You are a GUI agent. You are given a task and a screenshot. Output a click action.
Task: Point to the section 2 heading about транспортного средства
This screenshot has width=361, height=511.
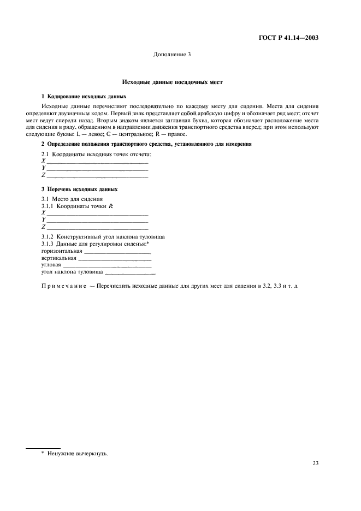pyautogui.click(x=146, y=144)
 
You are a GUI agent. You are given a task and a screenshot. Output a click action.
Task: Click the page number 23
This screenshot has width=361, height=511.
pyautogui.click(x=315, y=464)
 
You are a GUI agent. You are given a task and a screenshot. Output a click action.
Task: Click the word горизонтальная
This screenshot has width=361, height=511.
pyautogui.click(x=61, y=252)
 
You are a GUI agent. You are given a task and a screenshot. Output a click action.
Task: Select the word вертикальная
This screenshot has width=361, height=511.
pyautogui.click(x=58, y=258)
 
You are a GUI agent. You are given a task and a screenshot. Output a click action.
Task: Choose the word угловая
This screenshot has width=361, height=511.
pyautogui.click(x=51, y=265)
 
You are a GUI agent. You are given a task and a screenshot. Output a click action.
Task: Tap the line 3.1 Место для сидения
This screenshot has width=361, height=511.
pyautogui.click(x=72, y=199)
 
